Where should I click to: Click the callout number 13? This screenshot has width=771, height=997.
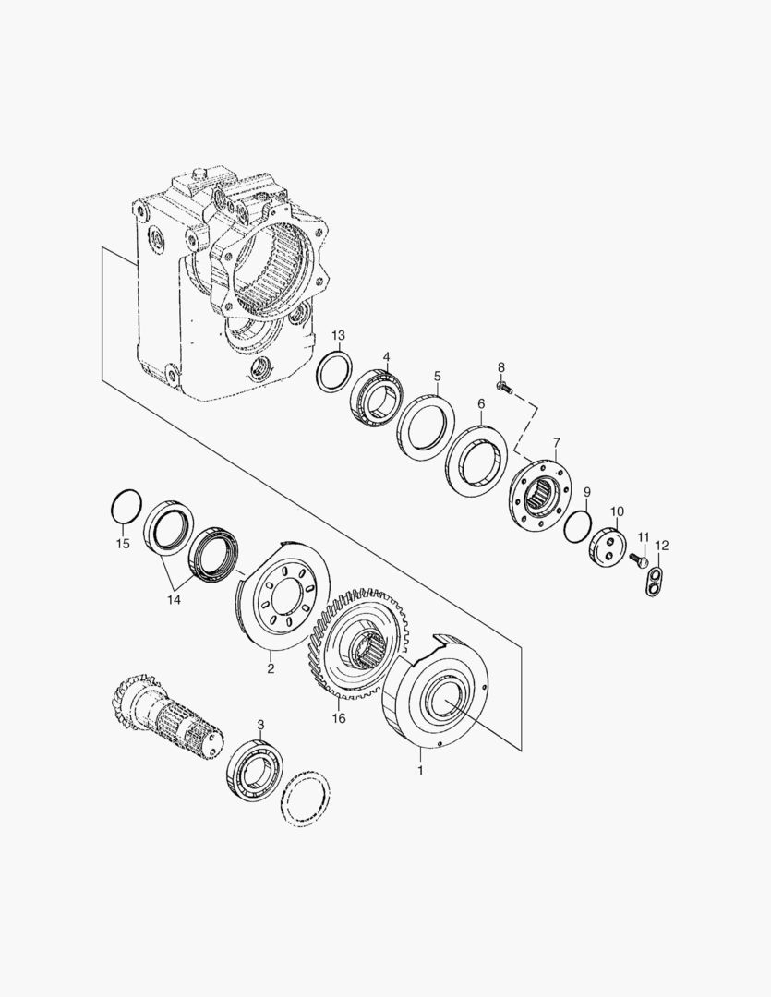click(x=338, y=334)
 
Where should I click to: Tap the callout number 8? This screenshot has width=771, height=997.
click(x=501, y=367)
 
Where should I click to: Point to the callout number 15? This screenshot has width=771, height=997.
click(x=123, y=544)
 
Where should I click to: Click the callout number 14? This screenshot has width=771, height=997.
click(x=174, y=599)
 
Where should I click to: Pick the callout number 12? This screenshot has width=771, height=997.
click(x=661, y=546)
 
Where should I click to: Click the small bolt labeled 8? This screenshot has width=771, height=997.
click(x=503, y=388)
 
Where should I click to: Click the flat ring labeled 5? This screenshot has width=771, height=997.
click(x=427, y=427)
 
